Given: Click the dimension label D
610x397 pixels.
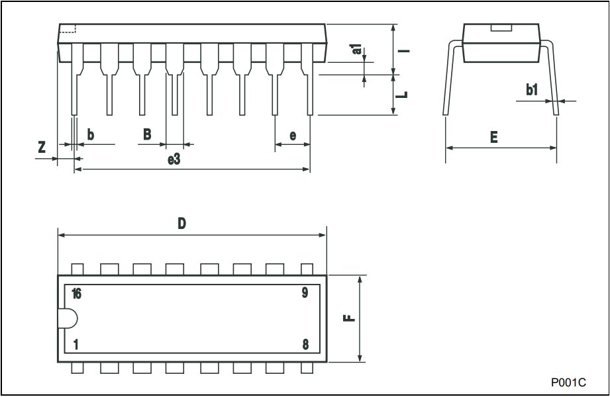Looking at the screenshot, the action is point(181,224).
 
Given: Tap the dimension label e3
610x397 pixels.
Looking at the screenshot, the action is point(174,159).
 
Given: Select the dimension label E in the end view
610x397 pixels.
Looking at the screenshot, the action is point(493,137).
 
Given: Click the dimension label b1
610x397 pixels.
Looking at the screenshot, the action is point(532,90).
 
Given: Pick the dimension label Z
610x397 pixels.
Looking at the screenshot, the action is point(42,147).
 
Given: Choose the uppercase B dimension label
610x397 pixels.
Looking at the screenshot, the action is point(147,134).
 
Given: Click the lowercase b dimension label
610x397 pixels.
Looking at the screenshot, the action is point(90,134).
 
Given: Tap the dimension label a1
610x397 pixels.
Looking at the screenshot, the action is point(357,49).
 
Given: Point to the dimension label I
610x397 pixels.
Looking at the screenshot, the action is point(405,50).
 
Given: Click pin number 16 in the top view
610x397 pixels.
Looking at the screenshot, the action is point(77,294).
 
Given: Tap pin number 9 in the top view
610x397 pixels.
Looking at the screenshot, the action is point(305,293).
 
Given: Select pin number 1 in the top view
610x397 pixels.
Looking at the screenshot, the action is point(76,345).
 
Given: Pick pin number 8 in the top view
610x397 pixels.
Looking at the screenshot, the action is point(305,345).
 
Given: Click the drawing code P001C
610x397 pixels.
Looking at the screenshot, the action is point(568,382).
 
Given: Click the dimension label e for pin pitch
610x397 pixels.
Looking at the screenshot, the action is point(293,136).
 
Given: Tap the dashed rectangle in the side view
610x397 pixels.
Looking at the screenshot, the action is point(68,29).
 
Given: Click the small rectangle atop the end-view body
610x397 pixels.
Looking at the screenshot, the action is point(501,28).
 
